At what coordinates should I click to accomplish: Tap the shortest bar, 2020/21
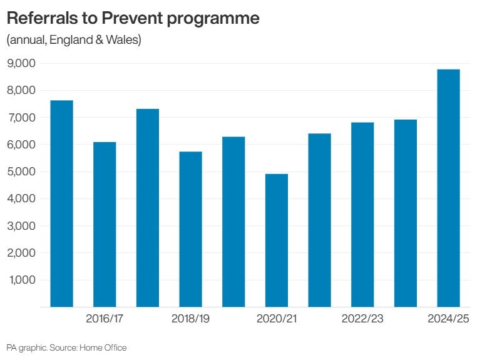(276, 240)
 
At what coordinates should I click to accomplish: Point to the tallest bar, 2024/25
(448, 188)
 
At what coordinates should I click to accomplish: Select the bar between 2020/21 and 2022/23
(319, 220)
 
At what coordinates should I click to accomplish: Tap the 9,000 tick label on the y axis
(21, 63)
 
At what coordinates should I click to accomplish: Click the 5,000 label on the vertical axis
(21, 172)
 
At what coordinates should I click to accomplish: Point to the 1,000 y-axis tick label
(23, 280)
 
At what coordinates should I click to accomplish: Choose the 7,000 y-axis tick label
(21, 118)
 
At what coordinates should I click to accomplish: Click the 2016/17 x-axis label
(105, 318)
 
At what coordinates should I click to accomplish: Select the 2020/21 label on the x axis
(276, 318)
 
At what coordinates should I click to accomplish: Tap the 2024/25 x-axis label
(448, 318)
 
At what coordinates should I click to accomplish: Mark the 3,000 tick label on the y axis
(21, 226)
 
